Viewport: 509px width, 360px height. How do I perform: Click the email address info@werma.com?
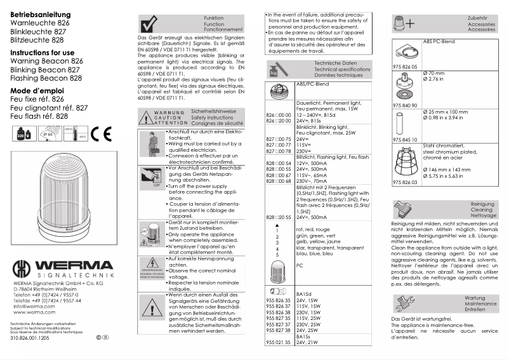[x=29, y=306]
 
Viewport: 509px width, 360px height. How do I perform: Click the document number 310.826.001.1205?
[x=30, y=338]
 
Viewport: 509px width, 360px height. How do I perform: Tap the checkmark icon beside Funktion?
[x=148, y=24]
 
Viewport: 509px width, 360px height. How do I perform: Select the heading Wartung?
[x=475, y=298]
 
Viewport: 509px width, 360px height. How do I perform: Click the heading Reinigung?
[x=483, y=204]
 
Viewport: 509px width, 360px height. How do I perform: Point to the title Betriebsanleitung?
[x=37, y=13]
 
